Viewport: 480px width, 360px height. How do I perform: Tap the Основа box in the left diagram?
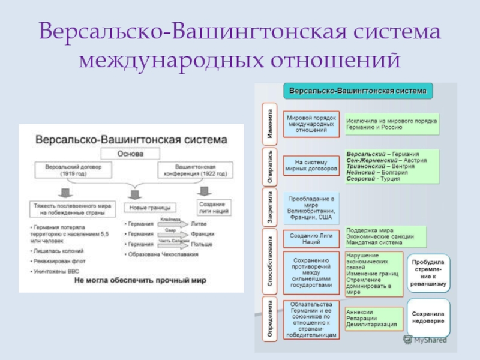pyautogui.click(x=130, y=154)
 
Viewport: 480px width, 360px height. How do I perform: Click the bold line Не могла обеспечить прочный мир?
pyautogui.click(x=130, y=282)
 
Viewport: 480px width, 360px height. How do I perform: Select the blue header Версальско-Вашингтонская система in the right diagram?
pyautogui.click(x=358, y=91)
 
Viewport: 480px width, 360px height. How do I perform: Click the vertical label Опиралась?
pyautogui.click(x=271, y=165)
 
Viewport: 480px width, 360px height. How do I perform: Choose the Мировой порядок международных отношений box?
pyautogui.click(x=311, y=124)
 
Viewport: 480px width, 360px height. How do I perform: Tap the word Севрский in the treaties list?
pyautogui.click(x=361, y=179)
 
